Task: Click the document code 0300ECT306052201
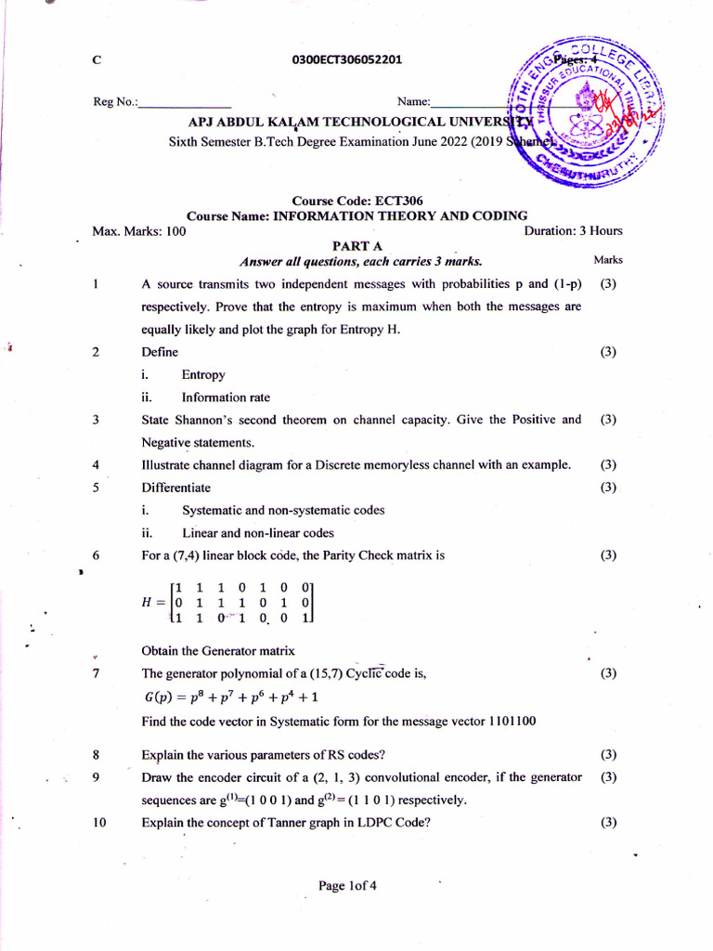pyautogui.click(x=346, y=60)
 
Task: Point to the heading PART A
pyautogui.click(x=357, y=246)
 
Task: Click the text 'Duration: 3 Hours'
pyautogui.click(x=573, y=231)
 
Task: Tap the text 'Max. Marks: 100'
pyautogui.click(x=140, y=231)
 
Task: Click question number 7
pyautogui.click(x=97, y=673)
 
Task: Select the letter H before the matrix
pyautogui.click(x=147, y=601)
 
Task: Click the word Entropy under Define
pyautogui.click(x=203, y=375)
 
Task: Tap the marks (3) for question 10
pyautogui.click(x=608, y=822)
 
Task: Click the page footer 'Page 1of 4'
pyautogui.click(x=347, y=886)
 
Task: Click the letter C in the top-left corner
pyautogui.click(x=97, y=60)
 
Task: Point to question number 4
pyautogui.click(x=97, y=465)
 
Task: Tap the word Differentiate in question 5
pyautogui.click(x=175, y=488)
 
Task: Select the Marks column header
pyautogui.click(x=608, y=261)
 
